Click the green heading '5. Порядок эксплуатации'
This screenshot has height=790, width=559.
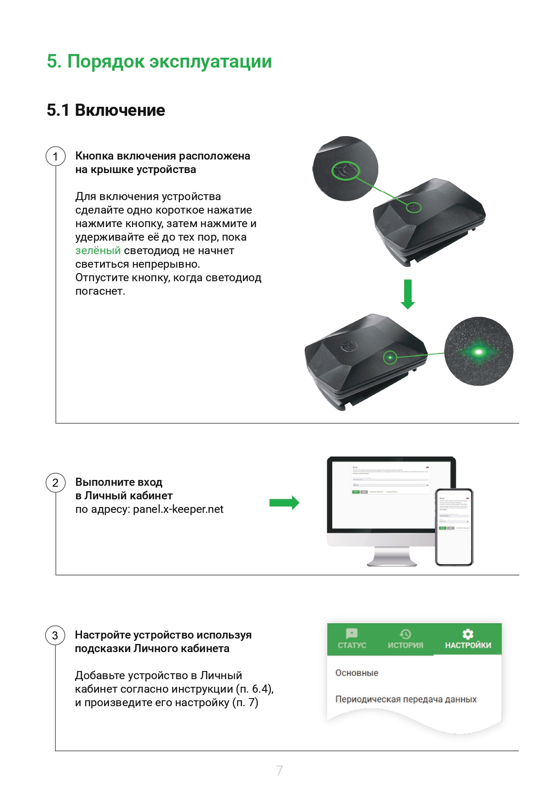[159, 62]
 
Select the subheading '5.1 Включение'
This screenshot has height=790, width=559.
[106, 110]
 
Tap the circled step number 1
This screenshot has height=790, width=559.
[55, 156]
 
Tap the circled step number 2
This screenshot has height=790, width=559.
[55, 483]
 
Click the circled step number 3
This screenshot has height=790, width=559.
[55, 635]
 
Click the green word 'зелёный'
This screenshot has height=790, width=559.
[98, 251]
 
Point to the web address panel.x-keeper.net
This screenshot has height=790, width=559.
[178, 509]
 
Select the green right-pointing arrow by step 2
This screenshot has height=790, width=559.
[284, 502]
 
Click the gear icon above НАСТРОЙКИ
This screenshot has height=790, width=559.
[468, 634]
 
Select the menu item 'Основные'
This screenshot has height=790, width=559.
[357, 673]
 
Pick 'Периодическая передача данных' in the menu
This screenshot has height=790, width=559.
[406, 699]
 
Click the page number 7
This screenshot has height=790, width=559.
[279, 770]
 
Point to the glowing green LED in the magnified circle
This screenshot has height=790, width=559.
[478, 352]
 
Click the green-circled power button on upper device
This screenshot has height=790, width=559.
[414, 207]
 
